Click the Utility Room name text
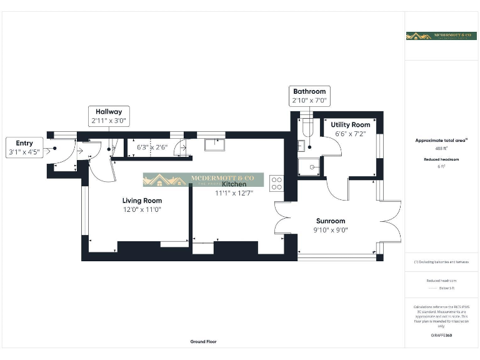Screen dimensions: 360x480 pos(350,125)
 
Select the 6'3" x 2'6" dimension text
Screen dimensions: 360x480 pos(152,147)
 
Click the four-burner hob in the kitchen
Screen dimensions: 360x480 pos(276,184)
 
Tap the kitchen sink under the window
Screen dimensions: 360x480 pos(215,145)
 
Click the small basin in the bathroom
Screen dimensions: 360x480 pos(301,146)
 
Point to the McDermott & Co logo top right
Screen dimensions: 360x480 pos(441,36)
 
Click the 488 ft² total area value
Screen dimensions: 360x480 pos(441,149)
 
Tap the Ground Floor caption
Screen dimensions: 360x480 pos(204,342)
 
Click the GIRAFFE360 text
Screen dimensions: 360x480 pos(441,336)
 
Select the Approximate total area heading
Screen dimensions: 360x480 pos(441,141)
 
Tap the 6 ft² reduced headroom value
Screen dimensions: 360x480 pos(441,167)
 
